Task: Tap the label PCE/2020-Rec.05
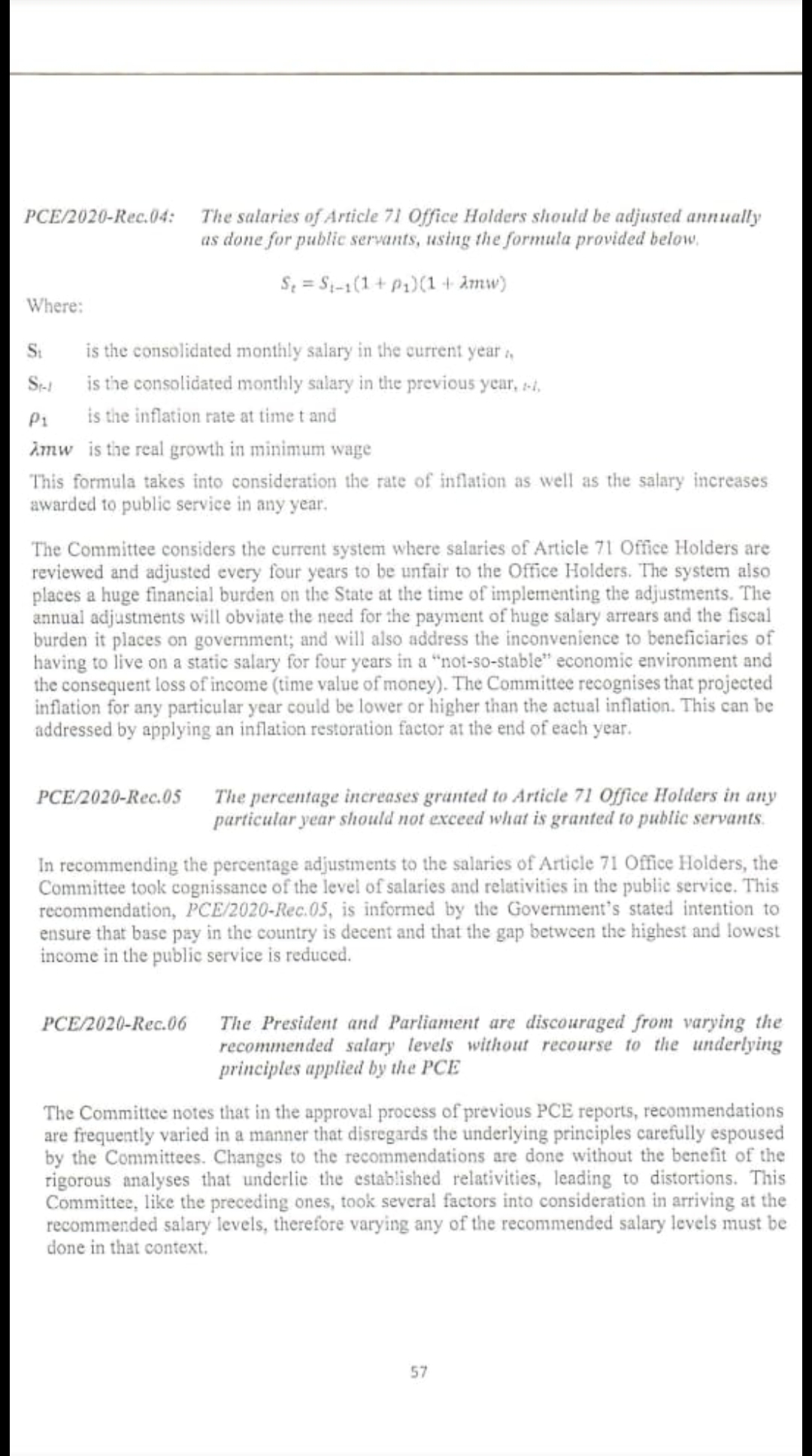109,796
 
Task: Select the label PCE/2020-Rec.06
114,1023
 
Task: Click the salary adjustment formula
392,284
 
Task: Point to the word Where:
55,306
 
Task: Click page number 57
420,1372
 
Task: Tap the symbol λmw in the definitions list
51,449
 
